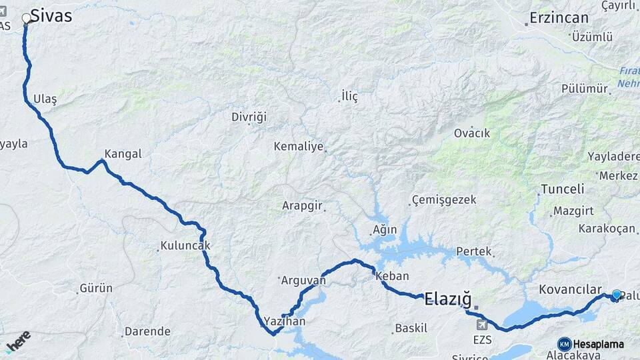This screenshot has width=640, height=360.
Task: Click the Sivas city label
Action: pyautogui.click(x=51, y=17)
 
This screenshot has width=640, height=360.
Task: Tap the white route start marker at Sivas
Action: pyautogui.click(x=27, y=19)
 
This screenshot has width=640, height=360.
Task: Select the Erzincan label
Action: pyautogui.click(x=559, y=18)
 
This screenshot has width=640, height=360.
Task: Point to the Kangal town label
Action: pyautogui.click(x=123, y=154)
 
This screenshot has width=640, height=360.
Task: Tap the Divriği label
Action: pyautogui.click(x=249, y=117)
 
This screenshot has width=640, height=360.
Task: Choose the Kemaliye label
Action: pyautogui.click(x=298, y=146)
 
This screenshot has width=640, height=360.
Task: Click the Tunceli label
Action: pyautogui.click(x=562, y=189)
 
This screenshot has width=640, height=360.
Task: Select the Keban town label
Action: pyautogui.click(x=392, y=276)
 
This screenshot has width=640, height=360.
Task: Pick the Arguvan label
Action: pyautogui.click(x=303, y=280)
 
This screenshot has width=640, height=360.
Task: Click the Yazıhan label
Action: pyautogui.click(x=284, y=321)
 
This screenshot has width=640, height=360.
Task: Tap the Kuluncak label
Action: pyautogui.click(x=186, y=245)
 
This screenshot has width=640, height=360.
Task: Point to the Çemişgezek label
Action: pyautogui.click(x=444, y=199)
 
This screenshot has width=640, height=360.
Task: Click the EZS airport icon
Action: pyautogui.click(x=482, y=325)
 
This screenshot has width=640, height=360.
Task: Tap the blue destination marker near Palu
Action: pyautogui.click(x=616, y=295)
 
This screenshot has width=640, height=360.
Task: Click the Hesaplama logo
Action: pyautogui.click(x=591, y=344)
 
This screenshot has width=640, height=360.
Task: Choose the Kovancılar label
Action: pyautogui.click(x=570, y=289)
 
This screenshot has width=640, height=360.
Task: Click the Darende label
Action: pyautogui.click(x=148, y=331)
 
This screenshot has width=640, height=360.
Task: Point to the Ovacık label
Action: pyautogui.click(x=472, y=133)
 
